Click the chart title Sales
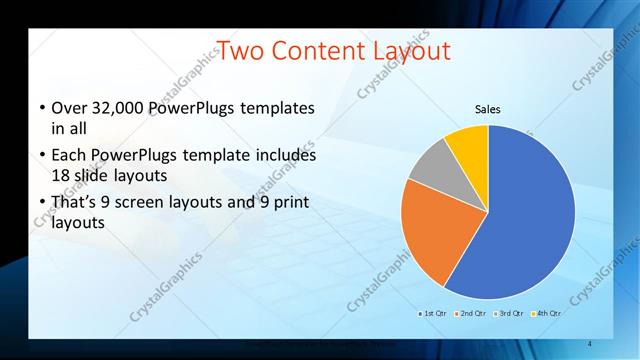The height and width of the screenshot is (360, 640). click(487, 109)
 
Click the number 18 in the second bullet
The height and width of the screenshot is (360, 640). click(60, 174)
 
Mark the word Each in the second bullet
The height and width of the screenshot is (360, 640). click(67, 155)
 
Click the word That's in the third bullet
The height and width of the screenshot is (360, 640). click(74, 203)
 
